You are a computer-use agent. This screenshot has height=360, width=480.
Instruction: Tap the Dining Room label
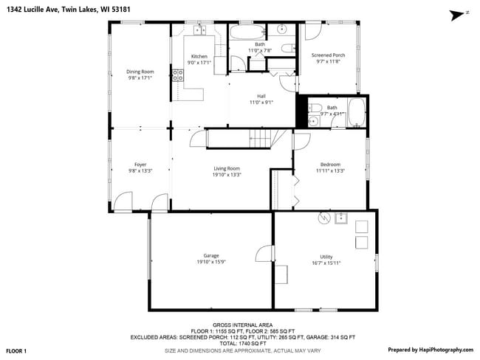pyautogui.click(x=140, y=72)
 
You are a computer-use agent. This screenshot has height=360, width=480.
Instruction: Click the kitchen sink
pyautogui.click(x=199, y=30)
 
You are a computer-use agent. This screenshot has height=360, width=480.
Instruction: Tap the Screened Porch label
pyautogui.click(x=328, y=55)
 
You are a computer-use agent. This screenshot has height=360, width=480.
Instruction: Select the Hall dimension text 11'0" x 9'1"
pyautogui.click(x=261, y=103)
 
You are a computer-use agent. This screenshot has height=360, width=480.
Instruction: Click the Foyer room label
pyautogui.click(x=140, y=164)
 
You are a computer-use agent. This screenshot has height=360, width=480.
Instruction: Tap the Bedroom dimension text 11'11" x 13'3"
pyautogui.click(x=330, y=170)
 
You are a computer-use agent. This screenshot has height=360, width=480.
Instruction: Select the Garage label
pyautogui.click(x=211, y=255)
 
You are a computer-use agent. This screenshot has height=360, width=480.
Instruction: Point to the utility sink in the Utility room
pyautogui.click(x=341, y=218)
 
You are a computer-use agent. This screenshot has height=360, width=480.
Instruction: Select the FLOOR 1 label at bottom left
pyautogui.click(x=17, y=350)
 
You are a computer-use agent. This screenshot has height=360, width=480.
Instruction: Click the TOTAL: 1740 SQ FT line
pyautogui.click(x=242, y=343)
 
